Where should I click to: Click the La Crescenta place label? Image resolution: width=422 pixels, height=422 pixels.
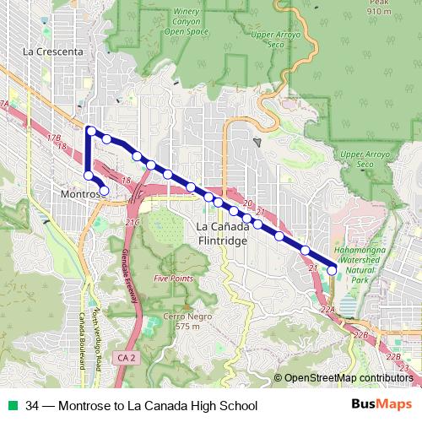54,51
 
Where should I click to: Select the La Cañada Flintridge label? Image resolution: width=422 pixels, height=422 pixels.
221,234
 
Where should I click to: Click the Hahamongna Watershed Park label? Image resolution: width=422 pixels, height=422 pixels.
365,264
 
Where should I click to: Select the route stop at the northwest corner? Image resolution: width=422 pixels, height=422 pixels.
90,130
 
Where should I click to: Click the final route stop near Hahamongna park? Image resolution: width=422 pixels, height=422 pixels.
332,270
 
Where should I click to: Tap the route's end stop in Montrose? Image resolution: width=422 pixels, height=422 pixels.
104,192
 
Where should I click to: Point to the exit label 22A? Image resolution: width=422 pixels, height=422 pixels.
327,311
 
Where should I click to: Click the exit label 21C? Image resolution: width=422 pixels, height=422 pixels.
132,222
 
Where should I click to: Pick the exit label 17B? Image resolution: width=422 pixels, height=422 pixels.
55,136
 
